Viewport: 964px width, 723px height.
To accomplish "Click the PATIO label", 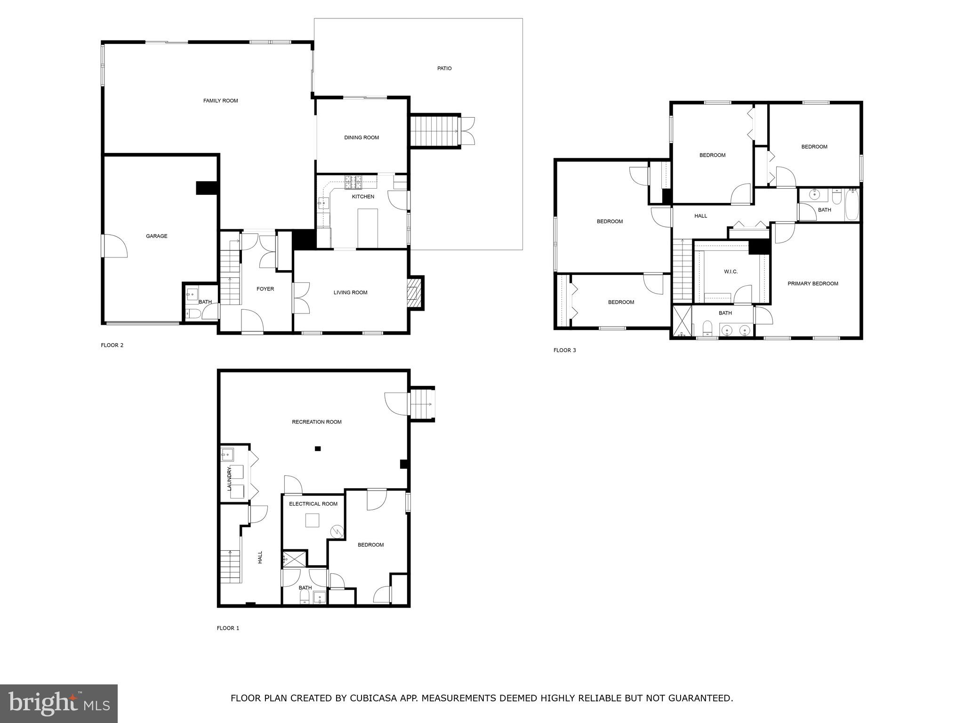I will click(x=444, y=69).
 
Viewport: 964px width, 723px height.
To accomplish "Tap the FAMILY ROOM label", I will click(x=220, y=101).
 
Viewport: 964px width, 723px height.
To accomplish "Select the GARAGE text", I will click(x=156, y=236).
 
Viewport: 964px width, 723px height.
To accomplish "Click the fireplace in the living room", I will click(x=412, y=293).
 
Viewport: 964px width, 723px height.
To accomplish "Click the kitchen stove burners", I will click(x=353, y=179).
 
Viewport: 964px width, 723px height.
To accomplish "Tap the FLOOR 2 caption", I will click(x=112, y=345).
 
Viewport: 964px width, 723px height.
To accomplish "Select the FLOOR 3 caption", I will click(x=564, y=350).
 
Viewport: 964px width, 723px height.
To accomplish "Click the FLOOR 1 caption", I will click(x=228, y=628).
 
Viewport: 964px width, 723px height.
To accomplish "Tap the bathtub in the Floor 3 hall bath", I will click(x=852, y=205).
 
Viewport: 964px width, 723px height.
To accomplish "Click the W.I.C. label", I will click(x=731, y=272).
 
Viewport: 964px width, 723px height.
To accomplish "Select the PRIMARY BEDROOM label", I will click(x=813, y=284).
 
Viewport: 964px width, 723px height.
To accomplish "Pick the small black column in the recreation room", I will click(x=318, y=449).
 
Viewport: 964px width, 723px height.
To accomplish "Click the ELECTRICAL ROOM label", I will click(x=313, y=504).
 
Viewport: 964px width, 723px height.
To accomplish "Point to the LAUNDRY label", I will click(x=230, y=479).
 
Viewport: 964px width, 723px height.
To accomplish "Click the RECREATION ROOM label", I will click(x=316, y=422).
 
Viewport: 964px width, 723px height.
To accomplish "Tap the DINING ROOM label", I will click(x=361, y=138).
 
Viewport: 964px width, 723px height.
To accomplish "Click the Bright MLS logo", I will click(x=59, y=704).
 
